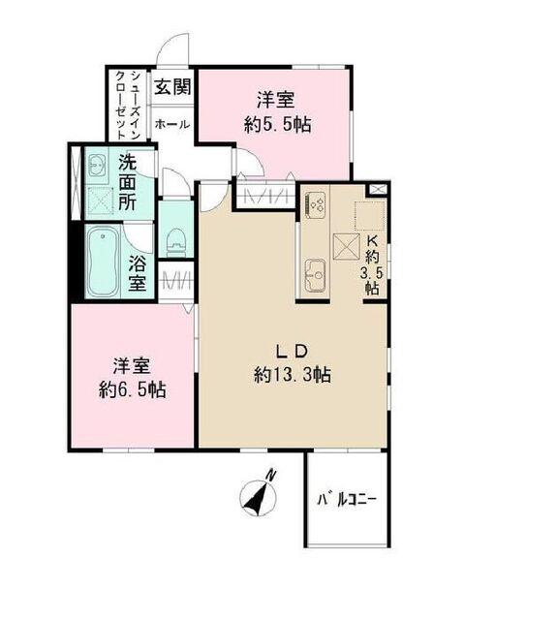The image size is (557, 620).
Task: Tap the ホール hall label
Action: pos(172,124)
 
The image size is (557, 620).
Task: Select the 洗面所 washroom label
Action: pos(127,183)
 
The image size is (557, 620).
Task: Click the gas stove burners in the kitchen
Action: pos(317,203)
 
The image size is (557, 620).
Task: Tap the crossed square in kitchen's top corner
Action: pos(377,190)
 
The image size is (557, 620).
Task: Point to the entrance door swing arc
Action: pos(174,49)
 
